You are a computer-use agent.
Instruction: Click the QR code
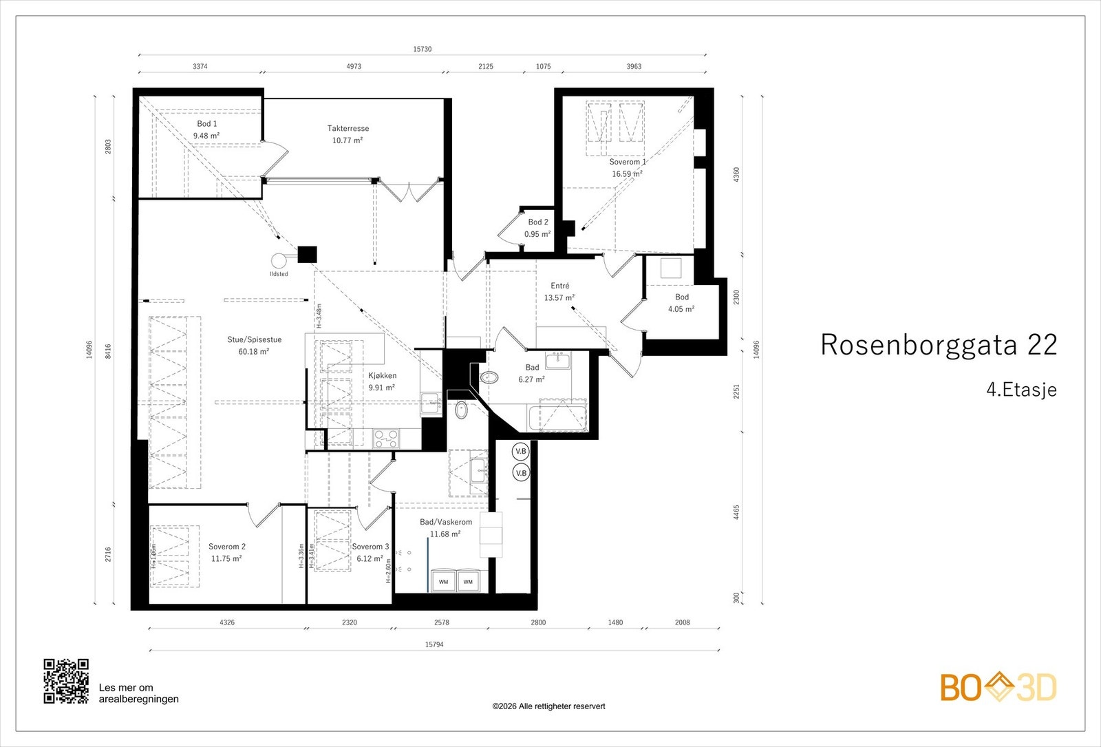(66, 681)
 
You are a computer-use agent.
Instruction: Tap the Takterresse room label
(348, 128)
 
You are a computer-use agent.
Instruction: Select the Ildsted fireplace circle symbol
(279, 260)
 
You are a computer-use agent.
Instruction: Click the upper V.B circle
(521, 452)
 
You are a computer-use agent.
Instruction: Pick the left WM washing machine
(444, 582)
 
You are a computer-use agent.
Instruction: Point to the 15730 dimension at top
(423, 50)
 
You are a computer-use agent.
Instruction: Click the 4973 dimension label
(354, 67)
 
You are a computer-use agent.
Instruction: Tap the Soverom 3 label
(370, 547)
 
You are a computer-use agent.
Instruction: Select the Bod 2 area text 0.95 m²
(537, 234)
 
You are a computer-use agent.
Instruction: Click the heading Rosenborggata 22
(938, 345)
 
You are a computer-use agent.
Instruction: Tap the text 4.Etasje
(1021, 390)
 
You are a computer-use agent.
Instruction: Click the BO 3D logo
(998, 687)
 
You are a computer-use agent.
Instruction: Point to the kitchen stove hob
(385, 438)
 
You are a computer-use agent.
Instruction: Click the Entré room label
(560, 286)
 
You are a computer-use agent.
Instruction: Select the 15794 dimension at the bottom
(434, 645)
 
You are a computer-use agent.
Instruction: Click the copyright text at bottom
(548, 706)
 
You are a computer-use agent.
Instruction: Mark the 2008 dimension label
(682, 622)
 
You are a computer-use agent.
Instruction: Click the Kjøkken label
(382, 376)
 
